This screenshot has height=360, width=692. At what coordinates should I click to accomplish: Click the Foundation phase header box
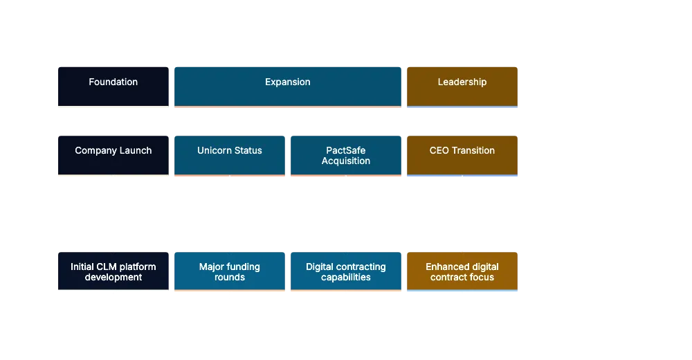(113, 86)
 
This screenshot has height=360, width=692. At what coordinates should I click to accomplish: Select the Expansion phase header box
(288, 86)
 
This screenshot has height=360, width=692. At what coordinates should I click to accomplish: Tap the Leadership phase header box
(462, 86)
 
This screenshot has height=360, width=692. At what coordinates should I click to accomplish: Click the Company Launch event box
(113, 154)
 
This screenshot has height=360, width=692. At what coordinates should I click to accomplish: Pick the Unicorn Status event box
(230, 154)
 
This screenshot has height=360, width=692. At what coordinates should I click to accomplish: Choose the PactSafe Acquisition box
(346, 154)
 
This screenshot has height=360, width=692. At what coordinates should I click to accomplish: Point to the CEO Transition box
(462, 154)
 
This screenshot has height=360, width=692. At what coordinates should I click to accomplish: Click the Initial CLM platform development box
(113, 271)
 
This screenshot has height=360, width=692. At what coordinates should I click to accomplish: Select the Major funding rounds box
(230, 271)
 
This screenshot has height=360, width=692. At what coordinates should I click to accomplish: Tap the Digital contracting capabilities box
(346, 271)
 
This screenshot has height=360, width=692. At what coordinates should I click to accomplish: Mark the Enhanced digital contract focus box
(462, 271)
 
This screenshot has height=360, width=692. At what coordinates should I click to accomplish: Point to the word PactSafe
(346, 150)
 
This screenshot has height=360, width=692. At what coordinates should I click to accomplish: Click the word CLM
(106, 267)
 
